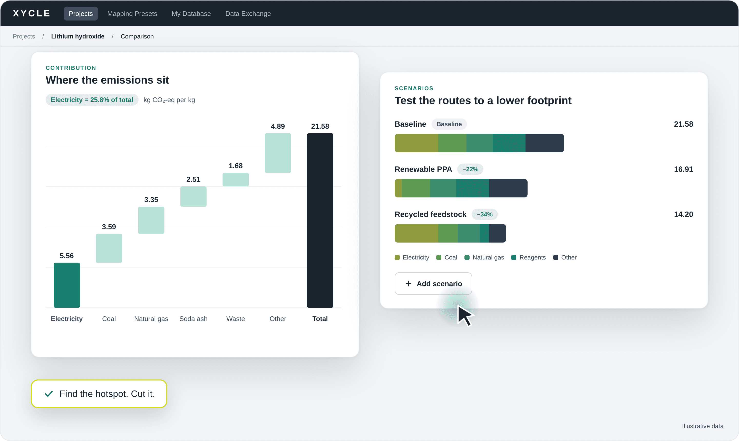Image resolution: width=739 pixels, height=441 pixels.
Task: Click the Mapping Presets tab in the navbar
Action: pyautogui.click(x=132, y=14)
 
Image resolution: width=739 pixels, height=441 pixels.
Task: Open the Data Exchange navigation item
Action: pyautogui.click(x=248, y=14)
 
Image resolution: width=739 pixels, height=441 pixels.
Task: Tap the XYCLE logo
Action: pyautogui.click(x=32, y=13)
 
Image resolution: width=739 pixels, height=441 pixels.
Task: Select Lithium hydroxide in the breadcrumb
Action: pyautogui.click(x=77, y=36)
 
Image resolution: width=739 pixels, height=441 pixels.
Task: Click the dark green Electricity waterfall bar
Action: pyautogui.click(x=67, y=285)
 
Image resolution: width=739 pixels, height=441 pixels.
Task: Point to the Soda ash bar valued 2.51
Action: pyautogui.click(x=193, y=196)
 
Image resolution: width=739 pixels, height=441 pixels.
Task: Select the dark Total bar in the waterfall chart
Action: pyautogui.click(x=320, y=220)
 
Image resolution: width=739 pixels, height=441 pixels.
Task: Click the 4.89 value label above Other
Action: pyautogui.click(x=278, y=126)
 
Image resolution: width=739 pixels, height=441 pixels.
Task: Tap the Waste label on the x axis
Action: pyautogui.click(x=236, y=318)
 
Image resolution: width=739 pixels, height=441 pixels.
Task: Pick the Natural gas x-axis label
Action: pyautogui.click(x=151, y=318)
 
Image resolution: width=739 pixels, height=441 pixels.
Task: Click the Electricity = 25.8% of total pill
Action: pyautogui.click(x=92, y=100)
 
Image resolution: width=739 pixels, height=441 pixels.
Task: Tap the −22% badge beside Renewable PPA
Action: pyautogui.click(x=470, y=169)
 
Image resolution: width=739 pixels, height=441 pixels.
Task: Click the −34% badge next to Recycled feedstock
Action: pyautogui.click(x=484, y=214)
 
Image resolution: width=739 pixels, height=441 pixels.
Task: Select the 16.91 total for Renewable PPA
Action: pyautogui.click(x=683, y=169)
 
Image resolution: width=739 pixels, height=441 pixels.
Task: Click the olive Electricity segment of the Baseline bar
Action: pyautogui.click(x=416, y=143)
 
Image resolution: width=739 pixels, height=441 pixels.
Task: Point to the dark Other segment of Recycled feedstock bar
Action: pyautogui.click(x=497, y=233)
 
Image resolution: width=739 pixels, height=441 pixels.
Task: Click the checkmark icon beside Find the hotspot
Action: pyautogui.click(x=49, y=394)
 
